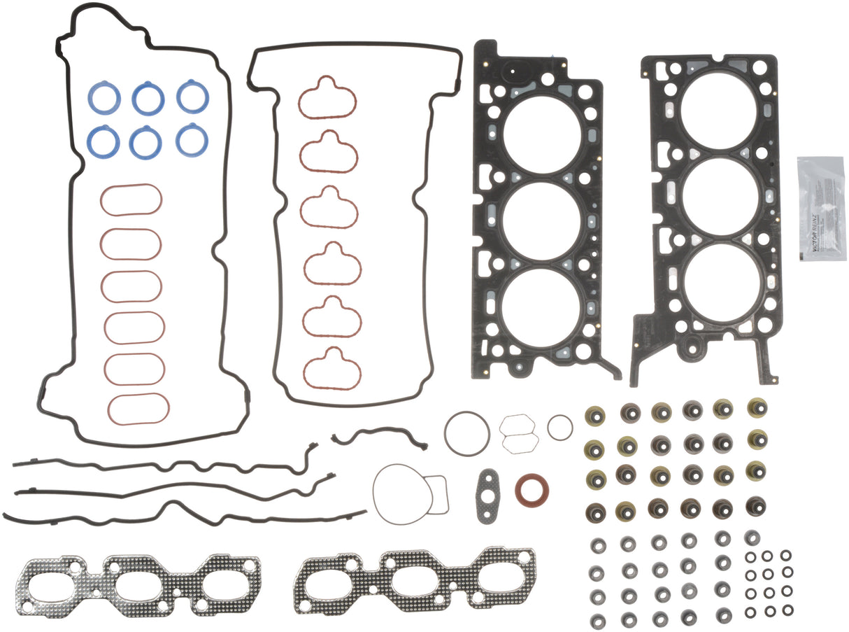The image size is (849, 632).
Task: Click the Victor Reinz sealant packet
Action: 821,208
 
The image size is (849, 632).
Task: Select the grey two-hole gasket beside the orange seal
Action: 492,495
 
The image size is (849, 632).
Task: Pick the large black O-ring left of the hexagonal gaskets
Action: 466,433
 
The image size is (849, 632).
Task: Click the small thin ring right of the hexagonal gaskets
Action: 559,427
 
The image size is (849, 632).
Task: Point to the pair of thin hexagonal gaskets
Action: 518,433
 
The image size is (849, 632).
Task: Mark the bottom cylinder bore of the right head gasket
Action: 721,282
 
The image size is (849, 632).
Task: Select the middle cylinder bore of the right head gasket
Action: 720,196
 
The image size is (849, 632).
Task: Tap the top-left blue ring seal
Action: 104,99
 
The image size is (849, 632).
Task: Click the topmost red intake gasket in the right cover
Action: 327,97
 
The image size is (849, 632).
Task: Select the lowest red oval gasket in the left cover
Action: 137,409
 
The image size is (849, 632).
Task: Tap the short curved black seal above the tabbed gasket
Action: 380,437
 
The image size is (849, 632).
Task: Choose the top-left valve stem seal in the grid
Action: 595,415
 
